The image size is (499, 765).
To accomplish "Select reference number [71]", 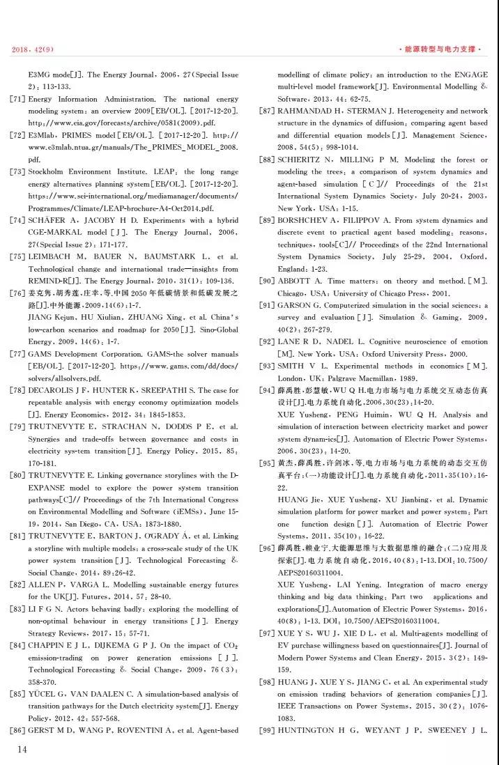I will (x=17, y=100).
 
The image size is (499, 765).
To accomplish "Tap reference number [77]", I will (x=17, y=354).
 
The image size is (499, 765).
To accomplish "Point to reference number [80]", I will (x=17, y=475).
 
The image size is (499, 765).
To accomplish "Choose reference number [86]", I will (x=17, y=730).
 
